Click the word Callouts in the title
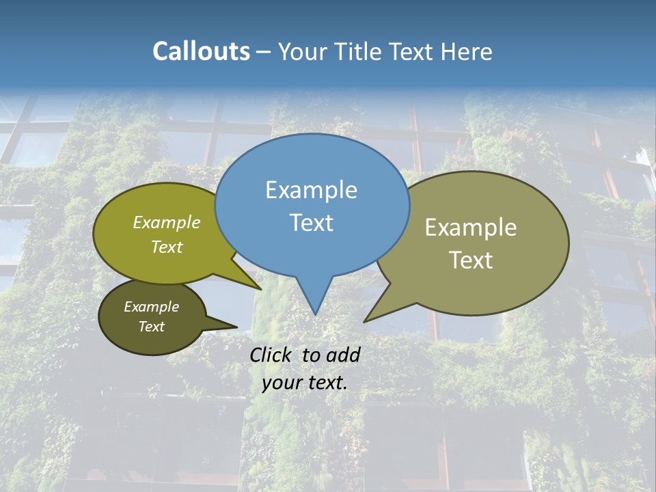point(201,51)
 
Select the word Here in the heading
point(467,51)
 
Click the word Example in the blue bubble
point(312,190)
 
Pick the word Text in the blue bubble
point(312,223)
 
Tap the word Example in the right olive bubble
point(471,228)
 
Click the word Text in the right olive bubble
point(471,260)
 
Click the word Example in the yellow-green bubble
point(167,222)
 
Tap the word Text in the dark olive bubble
point(152,327)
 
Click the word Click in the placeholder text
point(273,355)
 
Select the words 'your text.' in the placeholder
point(305,383)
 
